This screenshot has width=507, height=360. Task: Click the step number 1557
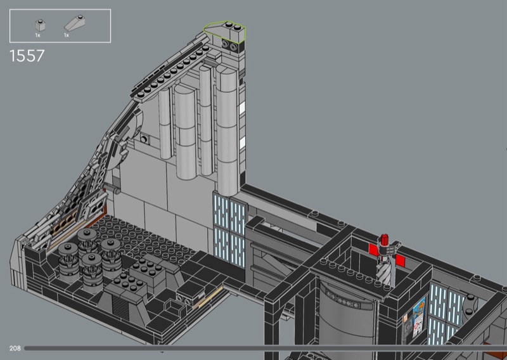click(27, 56)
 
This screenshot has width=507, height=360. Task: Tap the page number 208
click(15, 348)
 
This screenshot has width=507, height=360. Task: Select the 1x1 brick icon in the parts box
click(40, 25)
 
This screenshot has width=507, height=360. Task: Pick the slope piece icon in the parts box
click(75, 23)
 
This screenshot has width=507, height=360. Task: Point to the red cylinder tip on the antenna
click(385, 240)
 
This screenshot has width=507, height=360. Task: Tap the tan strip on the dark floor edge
click(210, 297)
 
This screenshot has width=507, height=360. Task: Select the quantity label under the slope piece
click(67, 35)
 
